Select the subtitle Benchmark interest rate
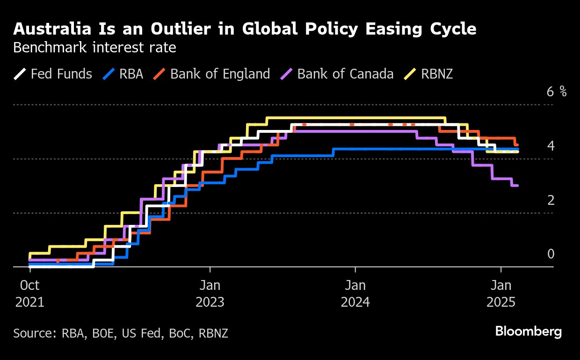pyautogui.click(x=94, y=48)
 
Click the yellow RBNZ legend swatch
pyautogui.click(x=410, y=74)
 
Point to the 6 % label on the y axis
pyautogui.click(x=556, y=92)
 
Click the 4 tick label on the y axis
pyautogui.click(x=551, y=146)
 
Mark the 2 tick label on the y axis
pyautogui.click(x=551, y=200)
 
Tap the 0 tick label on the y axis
pyautogui.click(x=551, y=254)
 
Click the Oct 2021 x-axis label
pyautogui.click(x=30, y=293)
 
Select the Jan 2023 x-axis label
pyautogui.click(x=210, y=293)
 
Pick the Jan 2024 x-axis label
pyautogui.click(x=355, y=293)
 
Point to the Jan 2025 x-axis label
pyautogui.click(x=501, y=293)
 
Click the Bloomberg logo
pyautogui.click(x=529, y=332)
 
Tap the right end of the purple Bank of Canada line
pyautogui.click(x=517, y=186)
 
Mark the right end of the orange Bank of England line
pyautogui.click(x=517, y=144)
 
